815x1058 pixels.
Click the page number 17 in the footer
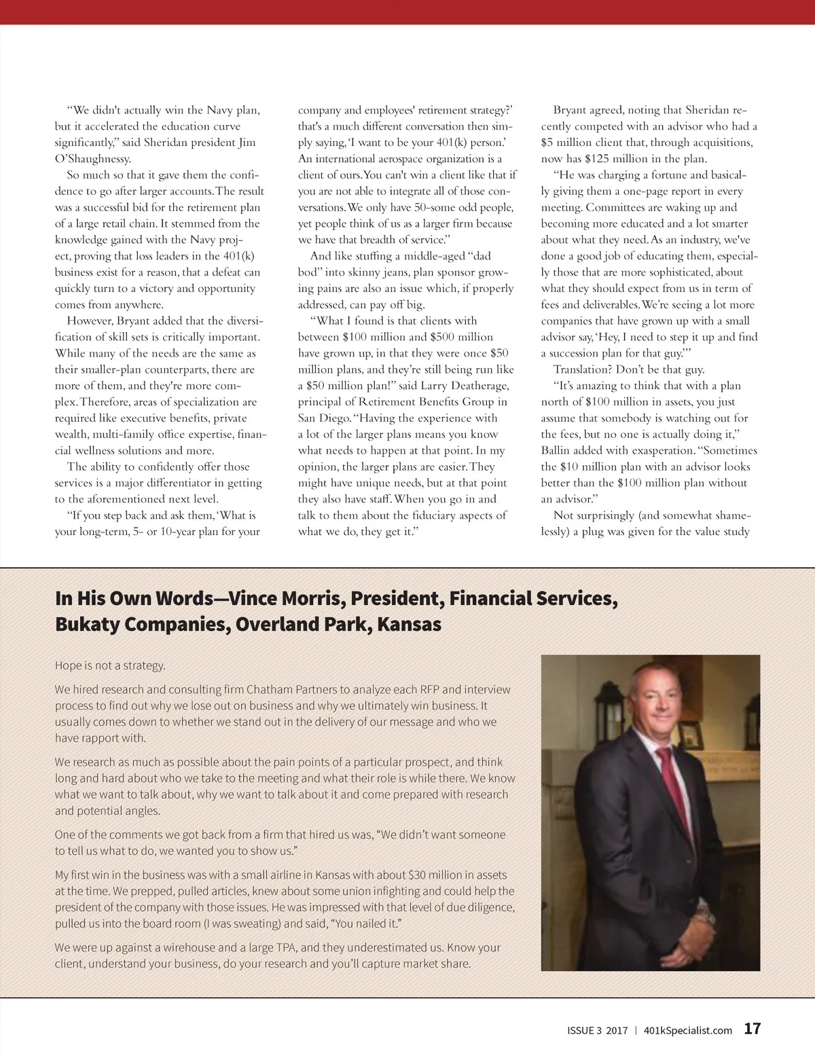pyautogui.click(x=752, y=1028)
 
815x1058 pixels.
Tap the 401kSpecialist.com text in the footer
pyautogui.click(x=687, y=1030)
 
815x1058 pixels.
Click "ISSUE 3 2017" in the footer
pyautogui.click(x=597, y=1030)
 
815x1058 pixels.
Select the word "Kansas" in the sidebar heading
pyautogui.click(x=409, y=624)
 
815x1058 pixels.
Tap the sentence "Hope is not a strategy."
pyautogui.click(x=110, y=665)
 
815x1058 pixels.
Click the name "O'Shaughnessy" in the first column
pyautogui.click(x=93, y=159)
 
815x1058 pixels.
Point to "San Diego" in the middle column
pyautogui.click(x=323, y=418)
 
